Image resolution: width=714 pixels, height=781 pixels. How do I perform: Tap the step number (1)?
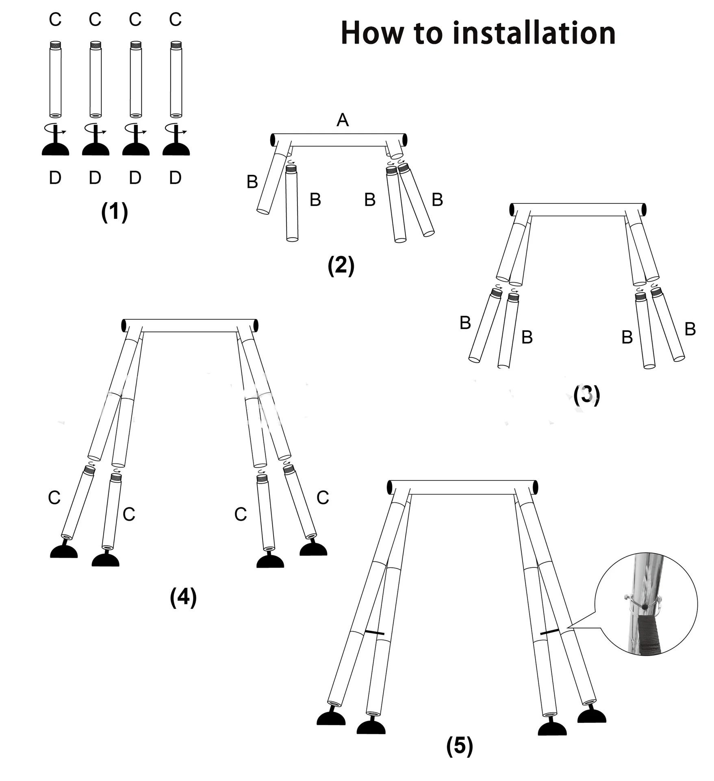(x=114, y=212)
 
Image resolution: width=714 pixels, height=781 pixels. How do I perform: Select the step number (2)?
(x=341, y=266)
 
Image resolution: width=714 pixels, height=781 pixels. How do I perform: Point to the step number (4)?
(x=183, y=598)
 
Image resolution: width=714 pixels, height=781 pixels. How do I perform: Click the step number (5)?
(x=460, y=746)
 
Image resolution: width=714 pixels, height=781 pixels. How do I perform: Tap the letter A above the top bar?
(x=343, y=120)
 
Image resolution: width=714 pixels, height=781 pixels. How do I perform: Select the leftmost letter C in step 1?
(x=55, y=19)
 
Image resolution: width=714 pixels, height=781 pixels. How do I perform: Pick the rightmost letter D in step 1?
(x=175, y=178)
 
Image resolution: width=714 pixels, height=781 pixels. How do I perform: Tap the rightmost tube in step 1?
(x=176, y=79)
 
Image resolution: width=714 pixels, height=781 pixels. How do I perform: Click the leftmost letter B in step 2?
(x=252, y=182)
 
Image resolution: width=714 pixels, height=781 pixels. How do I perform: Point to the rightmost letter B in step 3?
(x=690, y=329)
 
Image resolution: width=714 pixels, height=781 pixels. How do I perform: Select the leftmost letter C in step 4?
(x=54, y=497)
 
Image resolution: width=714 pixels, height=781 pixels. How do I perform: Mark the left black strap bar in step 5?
(x=374, y=633)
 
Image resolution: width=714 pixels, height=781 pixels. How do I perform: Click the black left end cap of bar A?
(x=273, y=140)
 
